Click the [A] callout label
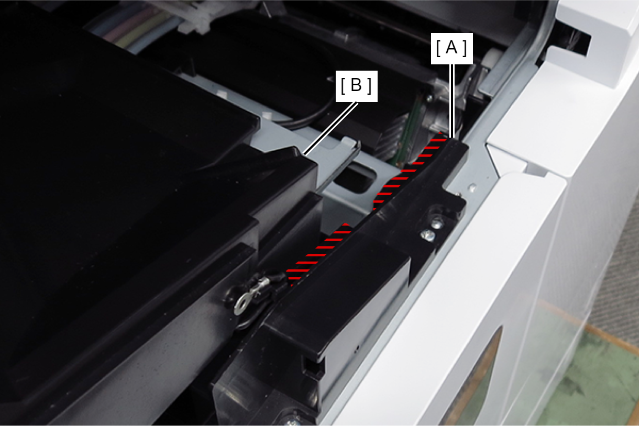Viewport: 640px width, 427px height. [x=451, y=49]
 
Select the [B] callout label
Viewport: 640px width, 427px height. [x=356, y=86]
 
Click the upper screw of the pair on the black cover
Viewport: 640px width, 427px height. [x=437, y=224]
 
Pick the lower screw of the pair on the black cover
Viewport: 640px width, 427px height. [x=427, y=235]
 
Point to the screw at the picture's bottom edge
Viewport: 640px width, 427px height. [x=292, y=422]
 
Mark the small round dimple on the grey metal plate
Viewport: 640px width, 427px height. [x=472, y=188]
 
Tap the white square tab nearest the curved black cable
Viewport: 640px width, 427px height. [x=267, y=115]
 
